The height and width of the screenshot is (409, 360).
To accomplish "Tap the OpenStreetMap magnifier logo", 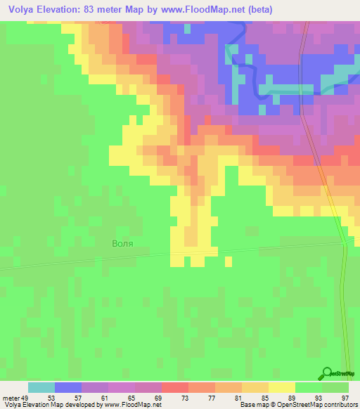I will click(x=328, y=375).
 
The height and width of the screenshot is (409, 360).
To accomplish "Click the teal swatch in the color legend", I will click(x=41, y=387).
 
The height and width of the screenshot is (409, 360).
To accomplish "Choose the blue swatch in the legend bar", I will click(x=68, y=387).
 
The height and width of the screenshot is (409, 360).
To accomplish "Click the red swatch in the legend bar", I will click(x=175, y=387).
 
